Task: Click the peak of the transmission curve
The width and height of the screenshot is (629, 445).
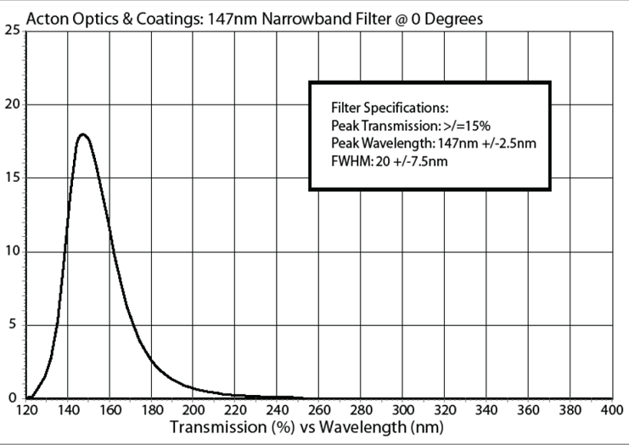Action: (83, 134)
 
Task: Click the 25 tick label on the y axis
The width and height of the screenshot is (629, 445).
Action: (12, 31)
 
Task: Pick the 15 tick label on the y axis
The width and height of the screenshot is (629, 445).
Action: (12, 178)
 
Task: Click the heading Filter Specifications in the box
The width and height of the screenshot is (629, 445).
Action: (389, 109)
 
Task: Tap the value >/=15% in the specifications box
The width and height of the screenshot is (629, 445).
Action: (463, 125)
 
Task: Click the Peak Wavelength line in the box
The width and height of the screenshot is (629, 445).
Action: (433, 142)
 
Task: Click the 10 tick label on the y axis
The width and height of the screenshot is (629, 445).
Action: (12, 251)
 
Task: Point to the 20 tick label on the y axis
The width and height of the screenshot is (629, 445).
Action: (12, 104)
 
